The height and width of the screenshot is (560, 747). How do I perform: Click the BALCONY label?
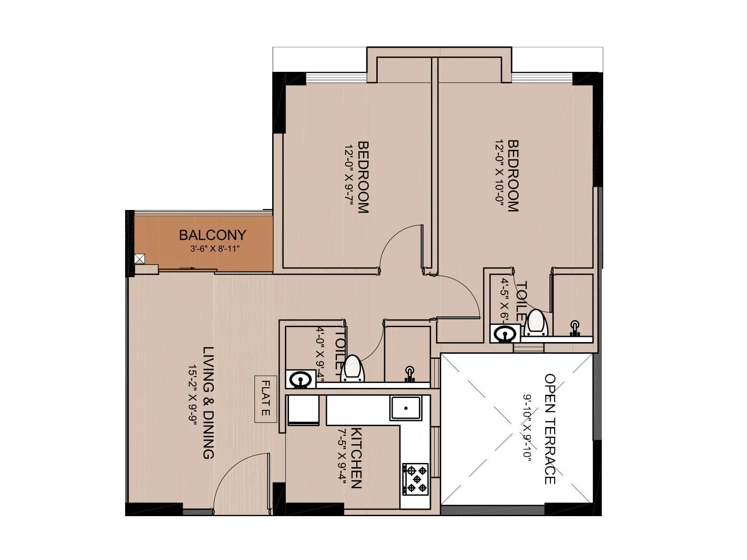coord(212,235)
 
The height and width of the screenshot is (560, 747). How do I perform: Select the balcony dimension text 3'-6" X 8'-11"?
coord(215,249)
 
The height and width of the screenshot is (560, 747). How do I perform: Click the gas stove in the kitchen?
coord(416,478)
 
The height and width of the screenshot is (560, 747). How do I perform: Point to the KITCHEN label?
coord(356,457)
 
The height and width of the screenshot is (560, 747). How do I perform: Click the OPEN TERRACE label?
coord(550,428)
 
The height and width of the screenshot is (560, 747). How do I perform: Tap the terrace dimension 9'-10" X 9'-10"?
coord(528,428)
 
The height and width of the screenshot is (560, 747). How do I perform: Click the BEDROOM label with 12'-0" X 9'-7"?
coord(363,177)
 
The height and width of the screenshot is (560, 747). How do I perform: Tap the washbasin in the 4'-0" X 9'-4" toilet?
coord(300,379)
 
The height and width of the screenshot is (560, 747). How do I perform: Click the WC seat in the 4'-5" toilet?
coord(536,323)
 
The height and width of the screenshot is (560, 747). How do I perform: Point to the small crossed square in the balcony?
coord(139,259)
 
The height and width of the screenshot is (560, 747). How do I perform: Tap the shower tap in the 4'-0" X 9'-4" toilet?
coord(410,374)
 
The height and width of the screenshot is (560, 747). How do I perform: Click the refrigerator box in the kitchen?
coord(303,410)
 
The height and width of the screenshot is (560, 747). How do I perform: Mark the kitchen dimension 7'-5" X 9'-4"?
coord(342,457)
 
